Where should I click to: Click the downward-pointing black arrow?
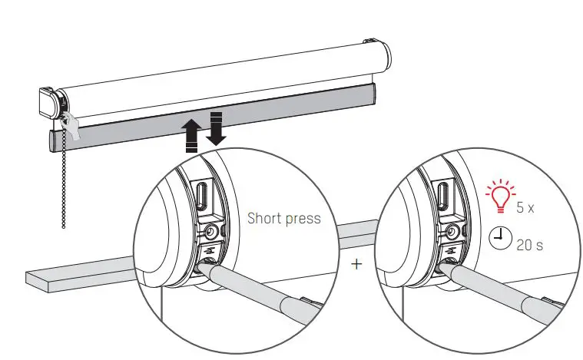[216, 128]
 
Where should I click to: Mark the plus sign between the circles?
[355, 265]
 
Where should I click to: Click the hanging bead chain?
[63, 184]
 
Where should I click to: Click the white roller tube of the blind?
[230, 77]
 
